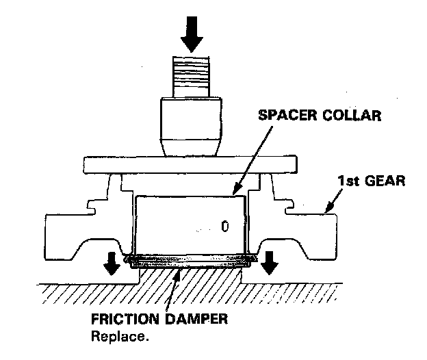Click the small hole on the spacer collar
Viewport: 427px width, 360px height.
(x=225, y=225)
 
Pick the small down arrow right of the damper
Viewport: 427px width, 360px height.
(x=270, y=260)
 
